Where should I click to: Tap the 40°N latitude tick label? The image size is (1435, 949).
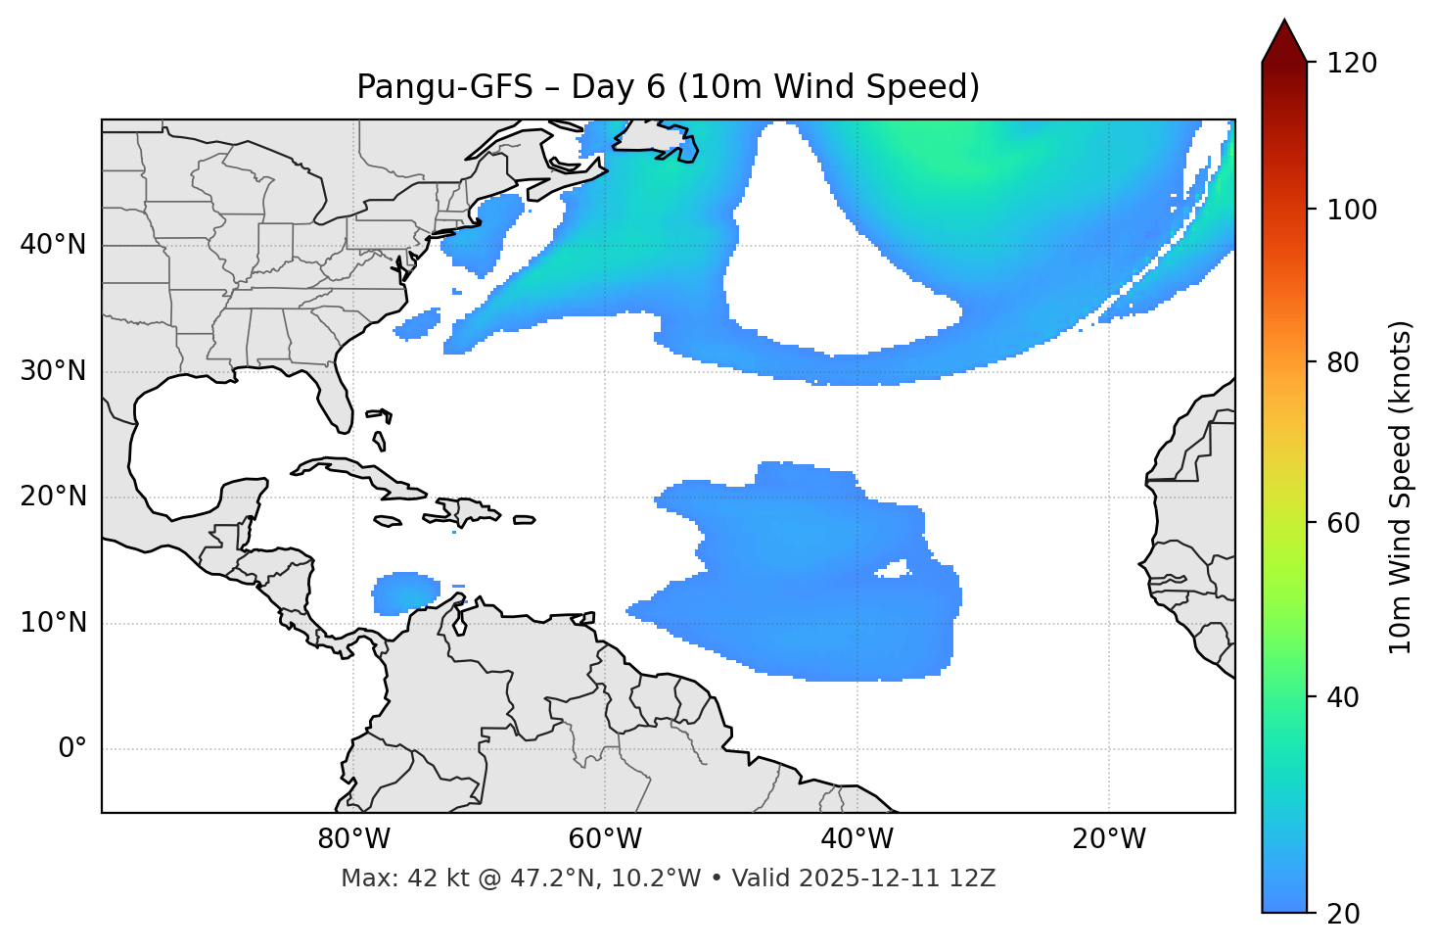(53, 245)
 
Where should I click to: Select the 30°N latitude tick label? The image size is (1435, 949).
(53, 371)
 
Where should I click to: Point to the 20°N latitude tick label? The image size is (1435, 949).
(53, 497)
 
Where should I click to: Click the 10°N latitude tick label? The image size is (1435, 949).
(53, 623)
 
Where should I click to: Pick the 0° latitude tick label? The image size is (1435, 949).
(72, 749)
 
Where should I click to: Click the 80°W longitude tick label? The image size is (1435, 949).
(353, 839)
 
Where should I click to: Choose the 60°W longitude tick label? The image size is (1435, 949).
(605, 839)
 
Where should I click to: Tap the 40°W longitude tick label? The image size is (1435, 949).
(856, 839)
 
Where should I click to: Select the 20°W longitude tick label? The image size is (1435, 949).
(1108, 839)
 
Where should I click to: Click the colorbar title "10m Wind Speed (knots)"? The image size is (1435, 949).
(1401, 487)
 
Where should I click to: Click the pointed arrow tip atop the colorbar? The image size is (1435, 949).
(1284, 24)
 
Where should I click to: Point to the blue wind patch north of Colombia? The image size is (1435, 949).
(404, 593)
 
